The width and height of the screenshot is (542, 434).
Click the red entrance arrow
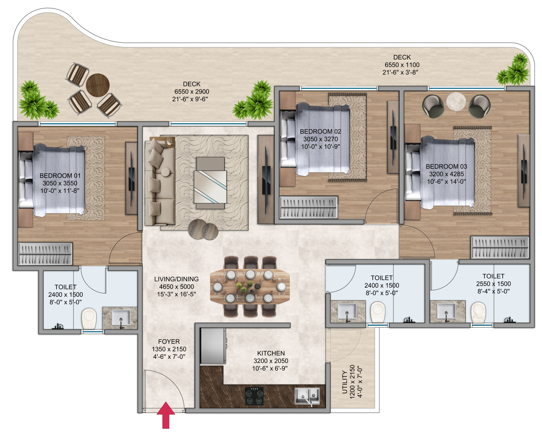click(166, 415)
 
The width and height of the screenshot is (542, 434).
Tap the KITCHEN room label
click(271, 353)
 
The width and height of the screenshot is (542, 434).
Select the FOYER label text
click(169, 342)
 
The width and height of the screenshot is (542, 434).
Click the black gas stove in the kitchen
click(254, 396)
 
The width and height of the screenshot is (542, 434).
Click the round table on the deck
click(98, 85)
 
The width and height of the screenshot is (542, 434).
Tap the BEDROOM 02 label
click(320, 132)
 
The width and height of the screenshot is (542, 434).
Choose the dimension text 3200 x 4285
click(446, 174)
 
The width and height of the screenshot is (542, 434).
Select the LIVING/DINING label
click(176, 279)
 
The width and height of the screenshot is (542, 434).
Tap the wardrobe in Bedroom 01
click(45, 253)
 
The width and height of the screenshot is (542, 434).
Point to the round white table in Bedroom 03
click(456, 101)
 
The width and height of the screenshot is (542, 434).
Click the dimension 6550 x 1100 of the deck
click(402, 65)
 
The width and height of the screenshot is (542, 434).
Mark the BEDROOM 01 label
click(60, 176)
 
